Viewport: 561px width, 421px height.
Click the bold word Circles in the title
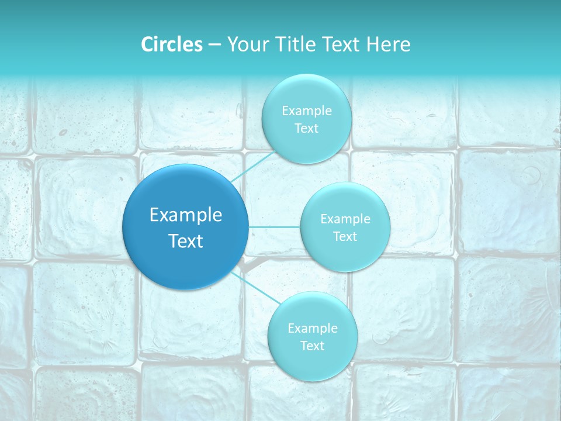point(172,44)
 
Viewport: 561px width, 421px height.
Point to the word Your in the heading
point(248,44)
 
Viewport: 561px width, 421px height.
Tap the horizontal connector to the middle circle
point(274,226)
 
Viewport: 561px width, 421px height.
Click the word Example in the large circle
point(186,215)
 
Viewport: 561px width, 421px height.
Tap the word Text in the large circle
point(186,241)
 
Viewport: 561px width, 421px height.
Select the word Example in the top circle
point(307,111)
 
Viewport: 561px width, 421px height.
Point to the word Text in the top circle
point(307,129)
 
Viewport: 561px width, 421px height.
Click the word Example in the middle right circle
point(345,219)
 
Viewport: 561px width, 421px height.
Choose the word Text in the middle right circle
point(345,237)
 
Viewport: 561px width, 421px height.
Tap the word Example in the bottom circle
point(313,329)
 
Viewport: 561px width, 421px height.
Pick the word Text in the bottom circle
point(313,346)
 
